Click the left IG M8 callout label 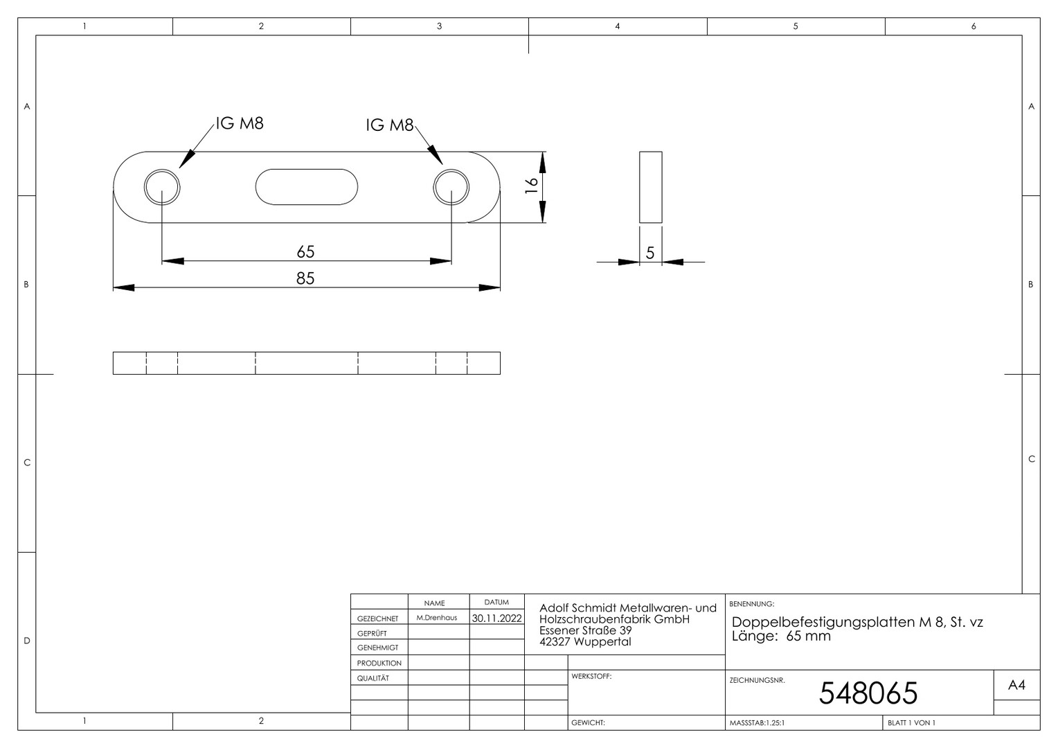coord(240,123)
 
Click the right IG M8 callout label coord(390,125)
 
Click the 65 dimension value coord(305,251)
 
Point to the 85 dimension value coord(305,278)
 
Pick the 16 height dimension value coord(531,185)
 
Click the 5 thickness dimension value coord(650,253)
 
